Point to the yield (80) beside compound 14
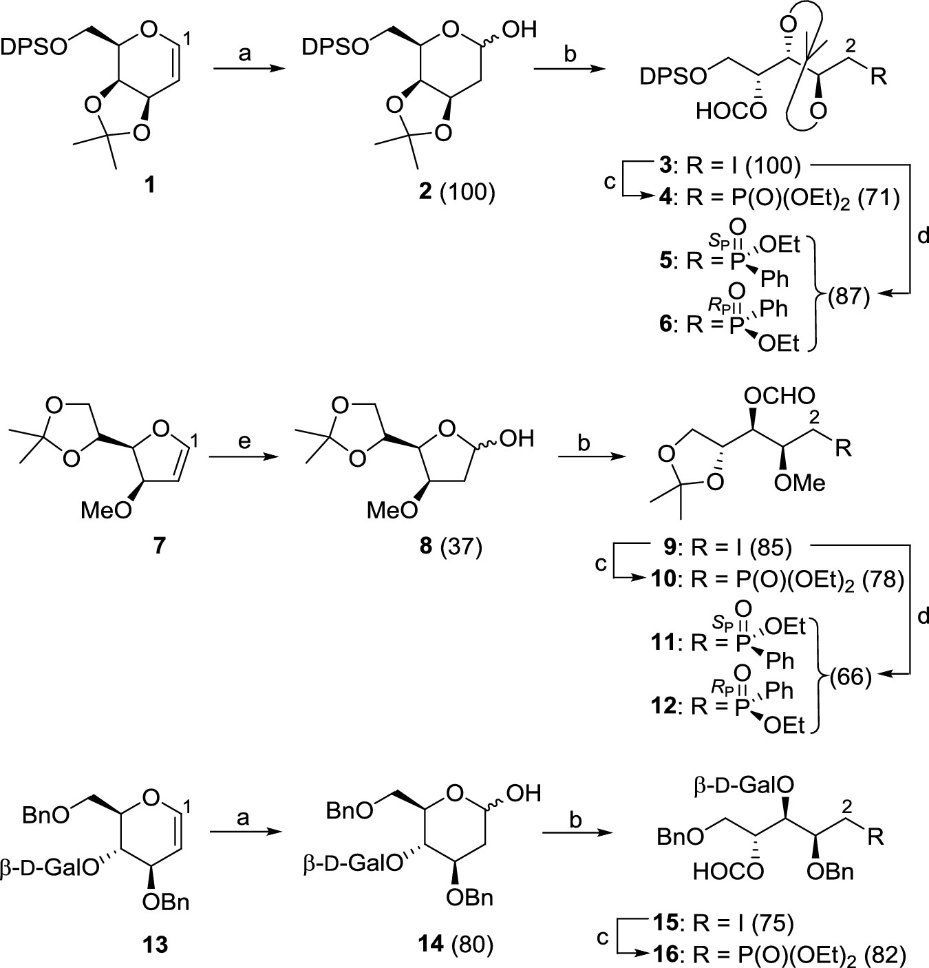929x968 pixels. [472, 945]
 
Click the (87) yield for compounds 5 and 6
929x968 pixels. [848, 297]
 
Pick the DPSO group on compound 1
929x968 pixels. [34, 48]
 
